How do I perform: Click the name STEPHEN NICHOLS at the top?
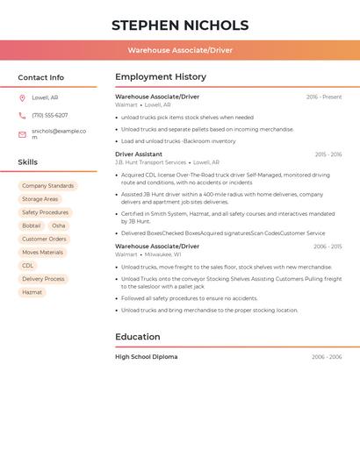pyautogui.click(x=180, y=25)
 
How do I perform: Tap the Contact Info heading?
pyautogui.click(x=41, y=77)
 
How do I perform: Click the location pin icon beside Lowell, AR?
pyautogui.click(x=22, y=98)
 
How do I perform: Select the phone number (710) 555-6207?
pyautogui.click(x=50, y=115)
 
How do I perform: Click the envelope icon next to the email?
pyautogui.click(x=22, y=134)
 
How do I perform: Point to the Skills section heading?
pyautogui.click(x=28, y=162)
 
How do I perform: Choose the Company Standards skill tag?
pyautogui.click(x=47, y=186)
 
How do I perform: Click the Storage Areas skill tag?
pyautogui.click(x=40, y=199)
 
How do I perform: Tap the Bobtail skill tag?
pyautogui.click(x=32, y=225)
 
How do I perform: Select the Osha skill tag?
pyautogui.click(x=59, y=225)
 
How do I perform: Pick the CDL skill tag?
pyautogui.click(x=28, y=266)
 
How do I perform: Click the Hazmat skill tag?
pyautogui.click(x=32, y=292)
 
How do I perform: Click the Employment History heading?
pyautogui.click(x=161, y=77)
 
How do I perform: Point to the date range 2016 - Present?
pyautogui.click(x=324, y=97)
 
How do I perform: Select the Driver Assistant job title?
pyautogui.click(x=139, y=154)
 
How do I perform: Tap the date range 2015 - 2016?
pyautogui.click(x=328, y=154)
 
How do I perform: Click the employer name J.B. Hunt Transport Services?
pyautogui.click(x=150, y=162)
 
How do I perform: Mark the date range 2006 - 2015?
pyautogui.click(x=328, y=247)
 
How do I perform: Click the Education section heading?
pyautogui.click(x=138, y=337)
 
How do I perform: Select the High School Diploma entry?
pyautogui.click(x=146, y=357)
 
